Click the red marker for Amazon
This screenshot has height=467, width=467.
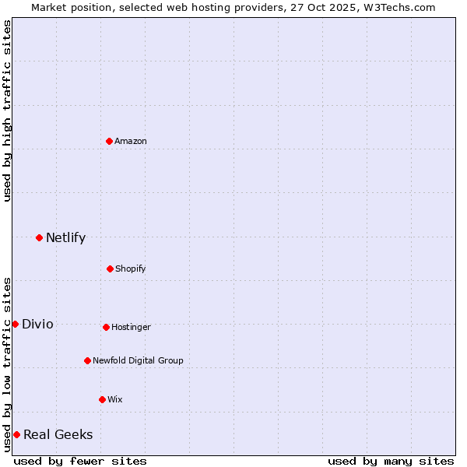[x=110, y=141]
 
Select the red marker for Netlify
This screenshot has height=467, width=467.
[x=39, y=237]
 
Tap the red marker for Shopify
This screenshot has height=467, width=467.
[x=110, y=269]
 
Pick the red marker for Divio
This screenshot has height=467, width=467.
[x=15, y=324]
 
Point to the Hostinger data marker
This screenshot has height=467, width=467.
[x=106, y=327]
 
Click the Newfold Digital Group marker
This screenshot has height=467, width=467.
[x=87, y=360]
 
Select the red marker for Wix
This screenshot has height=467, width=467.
[x=102, y=399]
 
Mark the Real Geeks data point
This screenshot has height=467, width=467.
[x=16, y=434]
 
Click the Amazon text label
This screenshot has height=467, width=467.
[x=131, y=141]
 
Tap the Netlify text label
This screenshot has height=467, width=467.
[x=65, y=237]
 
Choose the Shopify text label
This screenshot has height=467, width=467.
[x=131, y=269]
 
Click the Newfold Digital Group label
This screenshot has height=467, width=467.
[x=138, y=360]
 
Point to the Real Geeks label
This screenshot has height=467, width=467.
[x=58, y=434]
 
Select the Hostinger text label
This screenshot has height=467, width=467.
[x=131, y=327]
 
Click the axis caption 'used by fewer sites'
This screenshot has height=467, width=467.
[x=80, y=461]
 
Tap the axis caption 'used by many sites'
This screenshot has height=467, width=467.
[x=391, y=461]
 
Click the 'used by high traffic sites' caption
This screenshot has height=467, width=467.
[x=7, y=110]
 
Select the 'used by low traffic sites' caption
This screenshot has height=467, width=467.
[x=7, y=364]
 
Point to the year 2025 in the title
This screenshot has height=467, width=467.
[x=327, y=7]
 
